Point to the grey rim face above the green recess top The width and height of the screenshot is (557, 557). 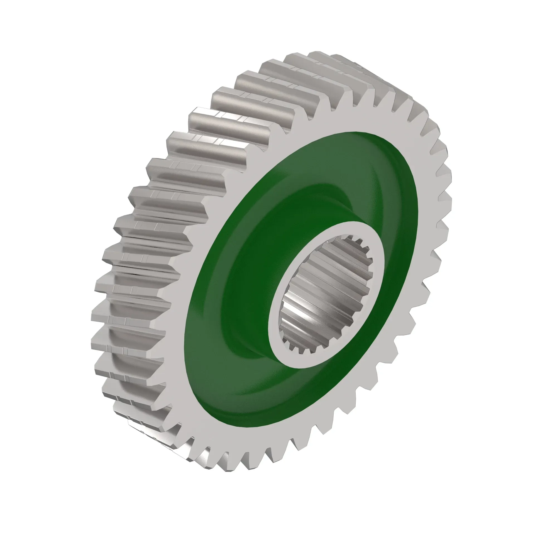coord(331,121)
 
